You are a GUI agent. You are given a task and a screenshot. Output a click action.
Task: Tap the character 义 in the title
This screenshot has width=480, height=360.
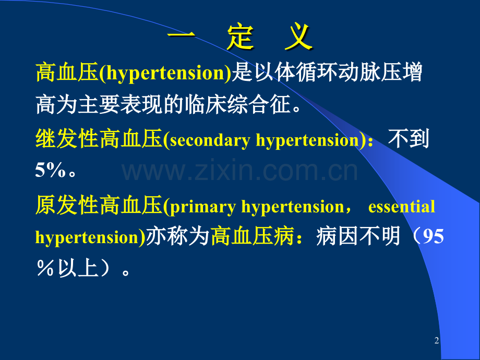pyautogui.click(x=298, y=38)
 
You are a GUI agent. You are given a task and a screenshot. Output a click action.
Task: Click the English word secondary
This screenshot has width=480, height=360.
pyautogui.click(x=211, y=141)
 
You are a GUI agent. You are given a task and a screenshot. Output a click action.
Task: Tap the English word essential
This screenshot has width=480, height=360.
pyautogui.click(x=401, y=207)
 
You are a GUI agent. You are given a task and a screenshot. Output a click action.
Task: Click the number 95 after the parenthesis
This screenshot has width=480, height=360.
pyautogui.click(x=433, y=237)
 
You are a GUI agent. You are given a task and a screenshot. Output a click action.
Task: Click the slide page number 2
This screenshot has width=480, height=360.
pyautogui.click(x=437, y=341)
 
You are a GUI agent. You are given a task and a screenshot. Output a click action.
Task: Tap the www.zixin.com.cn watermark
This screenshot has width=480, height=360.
pyautogui.click(x=240, y=171)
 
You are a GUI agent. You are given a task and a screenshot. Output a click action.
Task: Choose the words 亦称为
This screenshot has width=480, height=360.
pyautogui.click(x=177, y=237)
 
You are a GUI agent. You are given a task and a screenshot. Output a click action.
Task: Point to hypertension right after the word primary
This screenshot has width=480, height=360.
pyautogui.click(x=291, y=207)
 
